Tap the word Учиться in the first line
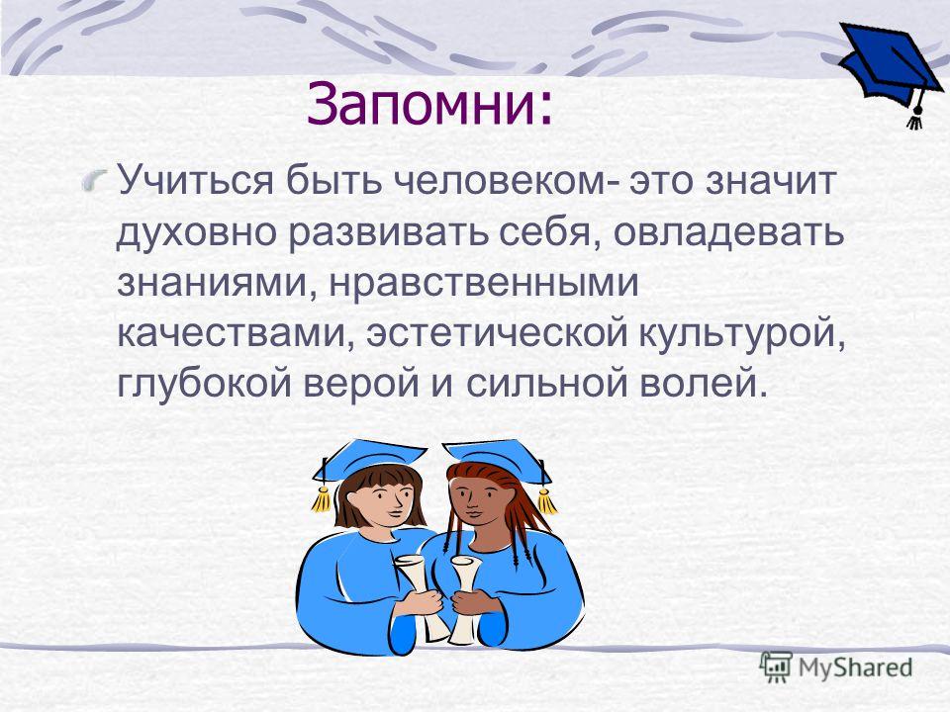click(x=195, y=181)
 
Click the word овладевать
click(x=728, y=233)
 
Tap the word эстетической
click(x=497, y=334)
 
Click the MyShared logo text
click(x=855, y=667)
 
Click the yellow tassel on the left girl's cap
click(x=321, y=498)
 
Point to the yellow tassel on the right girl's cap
click(x=546, y=500)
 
